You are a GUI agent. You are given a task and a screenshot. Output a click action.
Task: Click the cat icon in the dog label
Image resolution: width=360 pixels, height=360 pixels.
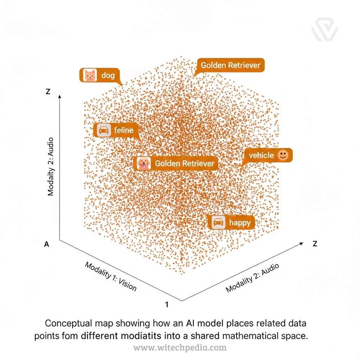(x=90, y=75)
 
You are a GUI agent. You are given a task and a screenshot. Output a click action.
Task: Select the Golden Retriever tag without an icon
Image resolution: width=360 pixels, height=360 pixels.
(x=230, y=65)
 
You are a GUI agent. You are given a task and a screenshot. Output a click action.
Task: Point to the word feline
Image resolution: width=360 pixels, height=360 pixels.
(x=124, y=130)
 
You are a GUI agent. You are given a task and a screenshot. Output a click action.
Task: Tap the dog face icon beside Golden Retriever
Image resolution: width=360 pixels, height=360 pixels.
(x=143, y=163)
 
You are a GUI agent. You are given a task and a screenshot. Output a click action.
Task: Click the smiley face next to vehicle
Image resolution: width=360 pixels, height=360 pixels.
(x=283, y=155)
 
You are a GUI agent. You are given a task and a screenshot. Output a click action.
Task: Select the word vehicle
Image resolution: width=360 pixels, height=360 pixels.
(x=261, y=155)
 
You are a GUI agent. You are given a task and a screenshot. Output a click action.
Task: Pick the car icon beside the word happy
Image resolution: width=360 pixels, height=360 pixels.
(x=219, y=223)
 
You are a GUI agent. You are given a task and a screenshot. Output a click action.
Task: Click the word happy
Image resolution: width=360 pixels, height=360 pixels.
(x=240, y=223)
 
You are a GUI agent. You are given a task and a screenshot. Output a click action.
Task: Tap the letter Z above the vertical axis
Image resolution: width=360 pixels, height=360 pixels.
(x=48, y=92)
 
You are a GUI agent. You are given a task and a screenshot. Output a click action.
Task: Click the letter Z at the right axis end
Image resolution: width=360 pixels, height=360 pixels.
(x=315, y=244)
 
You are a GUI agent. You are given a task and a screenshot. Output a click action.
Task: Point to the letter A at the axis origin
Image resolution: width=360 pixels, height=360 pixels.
(x=46, y=244)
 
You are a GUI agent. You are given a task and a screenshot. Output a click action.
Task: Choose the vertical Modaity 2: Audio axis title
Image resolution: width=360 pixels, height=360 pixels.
(x=51, y=166)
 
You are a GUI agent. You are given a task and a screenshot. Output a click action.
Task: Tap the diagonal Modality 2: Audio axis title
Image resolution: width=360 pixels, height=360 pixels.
(x=252, y=278)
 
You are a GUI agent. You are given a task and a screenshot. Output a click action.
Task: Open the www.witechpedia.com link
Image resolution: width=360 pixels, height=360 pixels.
(x=180, y=348)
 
